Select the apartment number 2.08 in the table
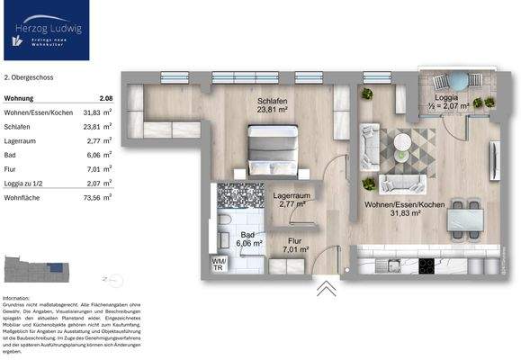(x=105, y=98)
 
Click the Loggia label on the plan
(x=447, y=97)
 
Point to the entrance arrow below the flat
(x=326, y=289)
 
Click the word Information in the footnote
(x=17, y=298)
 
